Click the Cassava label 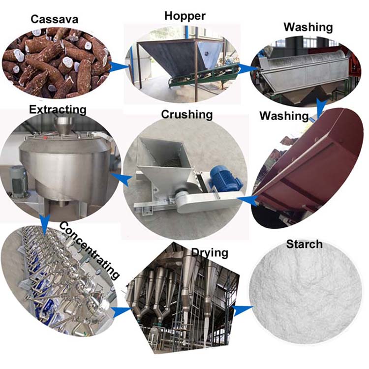click(54, 19)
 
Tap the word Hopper click(185, 16)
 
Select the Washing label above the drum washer click(308, 27)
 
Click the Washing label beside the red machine click(284, 116)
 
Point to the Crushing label click(187, 115)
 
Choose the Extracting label click(58, 110)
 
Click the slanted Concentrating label click(89, 249)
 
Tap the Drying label click(210, 253)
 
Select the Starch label click(304, 244)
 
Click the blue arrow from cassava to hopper click(119, 66)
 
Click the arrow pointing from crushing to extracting click(121, 179)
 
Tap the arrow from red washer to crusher click(247, 201)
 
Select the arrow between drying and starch click(242, 309)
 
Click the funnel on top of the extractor click(64, 126)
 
